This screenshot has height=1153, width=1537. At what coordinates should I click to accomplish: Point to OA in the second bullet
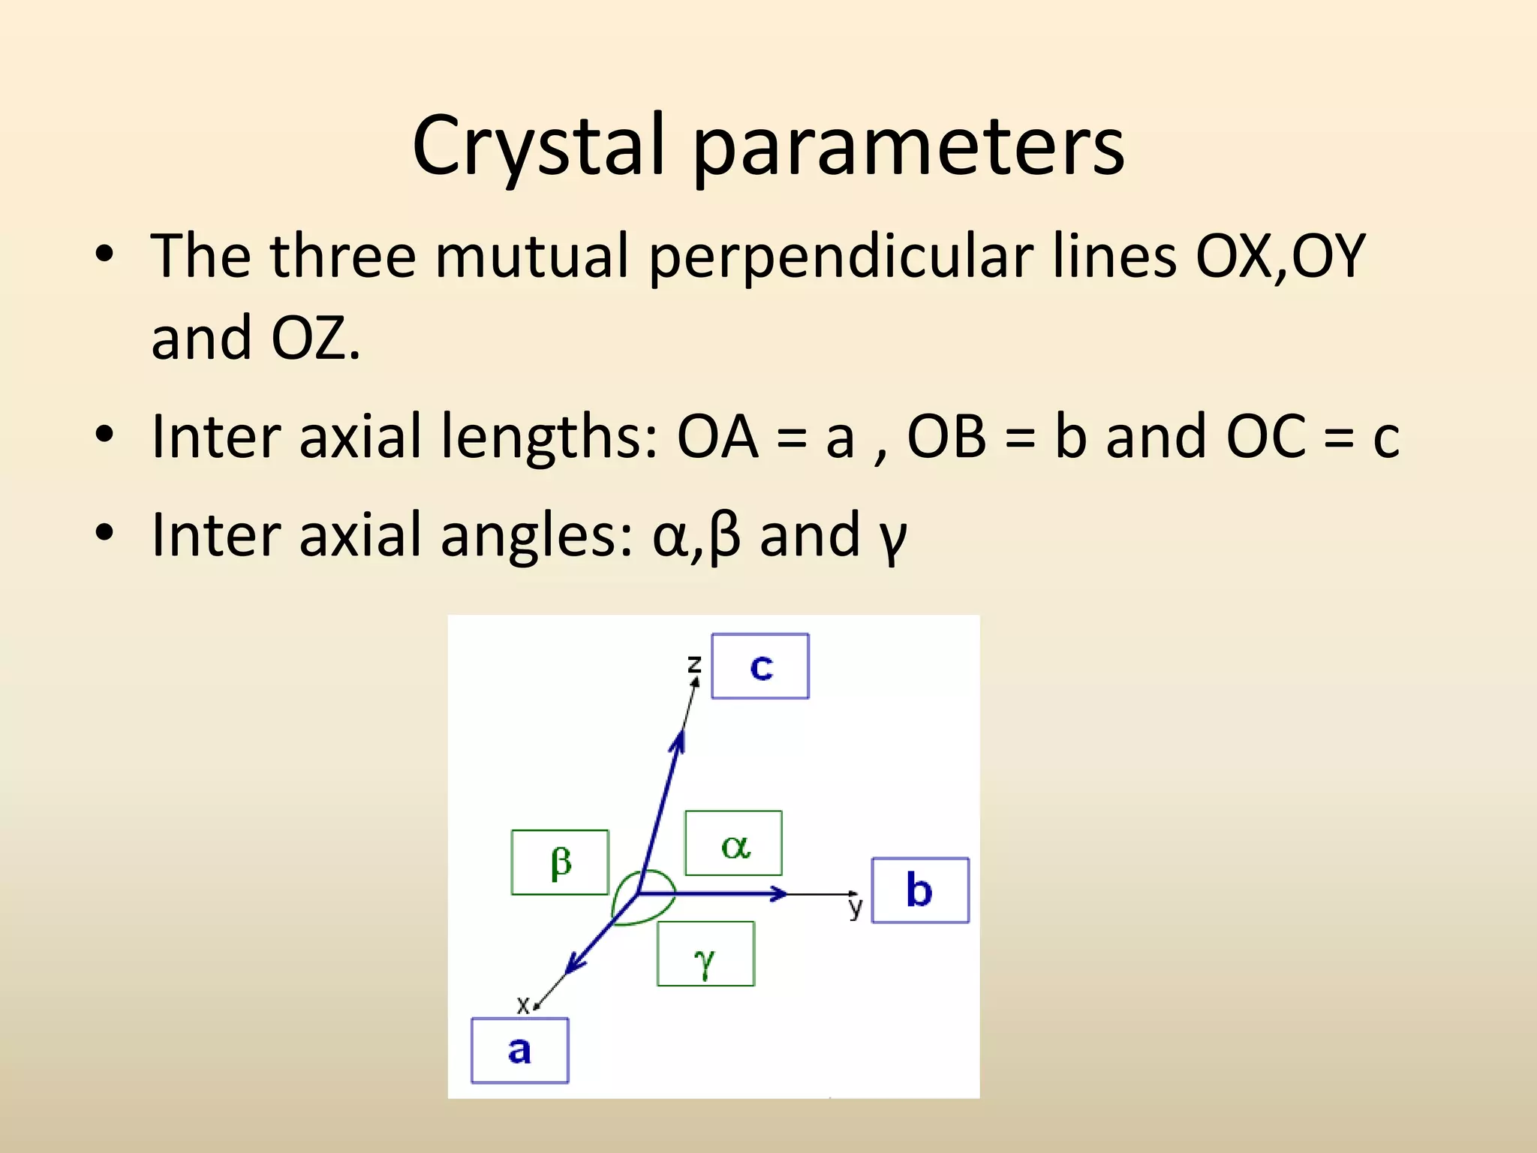pyautogui.click(x=717, y=437)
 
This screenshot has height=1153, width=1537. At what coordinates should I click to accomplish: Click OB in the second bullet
pyautogui.click(x=946, y=437)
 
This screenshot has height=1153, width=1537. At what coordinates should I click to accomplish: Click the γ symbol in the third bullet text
pyautogui.click(x=893, y=537)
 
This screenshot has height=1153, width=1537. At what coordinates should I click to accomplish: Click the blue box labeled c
pyautogui.click(x=760, y=666)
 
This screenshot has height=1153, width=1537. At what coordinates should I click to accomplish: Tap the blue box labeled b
pyautogui.click(x=920, y=890)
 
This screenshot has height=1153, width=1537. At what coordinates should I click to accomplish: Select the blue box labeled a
pyautogui.click(x=519, y=1050)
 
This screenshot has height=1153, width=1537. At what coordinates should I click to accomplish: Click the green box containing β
pyautogui.click(x=560, y=862)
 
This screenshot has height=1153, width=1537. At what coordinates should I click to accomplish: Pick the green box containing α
pyautogui.click(x=734, y=843)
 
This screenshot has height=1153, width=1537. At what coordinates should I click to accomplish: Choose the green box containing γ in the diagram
pyautogui.click(x=705, y=954)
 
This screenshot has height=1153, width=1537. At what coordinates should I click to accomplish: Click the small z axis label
pyautogui.click(x=694, y=664)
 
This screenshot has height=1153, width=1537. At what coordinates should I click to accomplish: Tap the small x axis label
pyautogui.click(x=523, y=1004)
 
